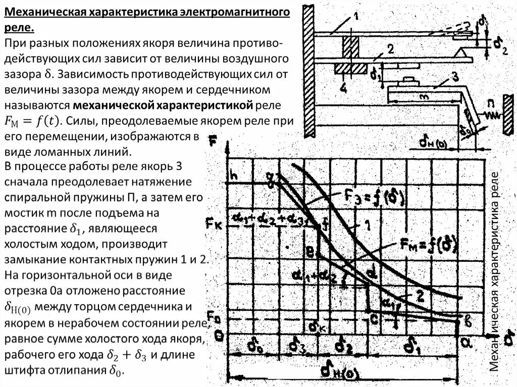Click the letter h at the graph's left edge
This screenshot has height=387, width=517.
(x=233, y=175)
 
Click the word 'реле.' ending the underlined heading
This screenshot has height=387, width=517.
(x=20, y=27)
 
